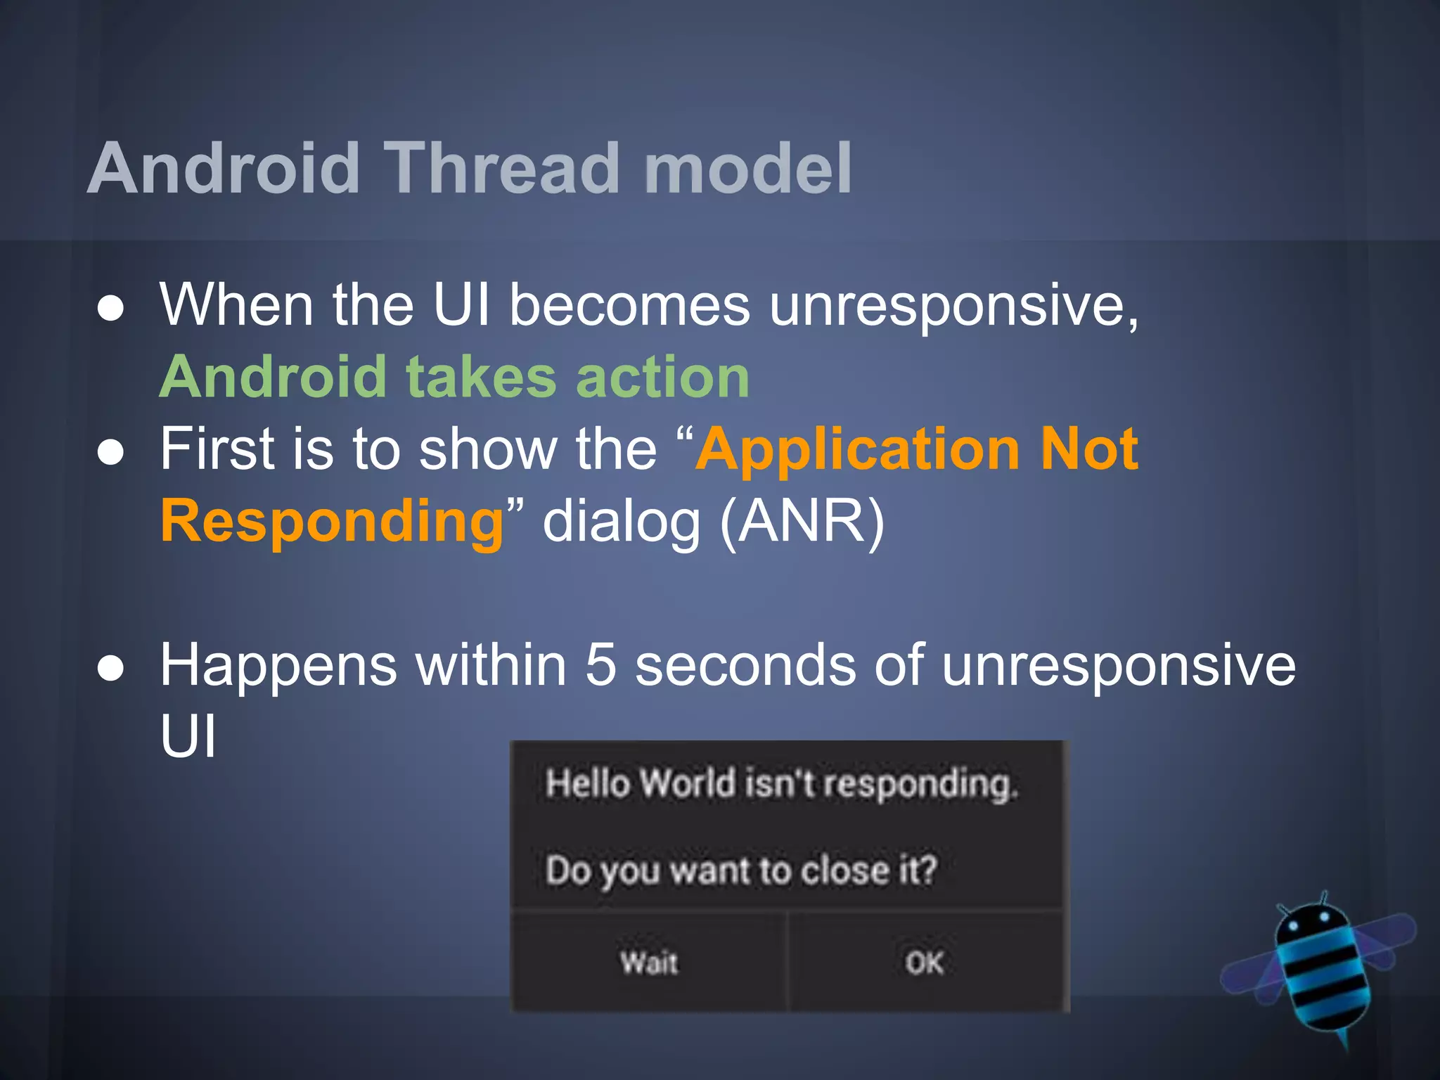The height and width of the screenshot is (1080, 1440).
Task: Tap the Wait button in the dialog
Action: [649, 962]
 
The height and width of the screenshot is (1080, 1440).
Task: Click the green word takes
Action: [482, 377]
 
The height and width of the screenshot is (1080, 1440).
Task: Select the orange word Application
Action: [858, 450]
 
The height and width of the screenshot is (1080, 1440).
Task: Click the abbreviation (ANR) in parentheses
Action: [802, 522]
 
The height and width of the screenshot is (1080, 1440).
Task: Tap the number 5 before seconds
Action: [600, 664]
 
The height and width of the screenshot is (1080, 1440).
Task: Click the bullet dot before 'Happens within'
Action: [111, 667]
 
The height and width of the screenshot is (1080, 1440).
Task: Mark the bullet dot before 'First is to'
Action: [111, 452]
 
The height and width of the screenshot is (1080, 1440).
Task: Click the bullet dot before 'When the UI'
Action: [111, 308]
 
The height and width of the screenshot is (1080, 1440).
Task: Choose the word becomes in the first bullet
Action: [629, 307]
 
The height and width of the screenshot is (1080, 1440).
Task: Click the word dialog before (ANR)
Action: [622, 522]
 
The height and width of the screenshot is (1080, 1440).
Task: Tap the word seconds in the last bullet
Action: [745, 664]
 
